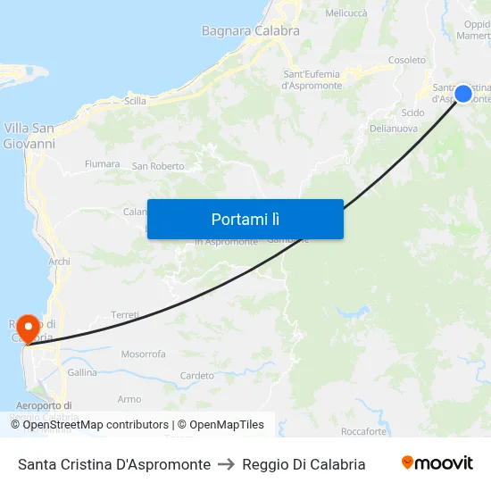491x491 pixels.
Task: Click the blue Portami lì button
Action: click(245, 219)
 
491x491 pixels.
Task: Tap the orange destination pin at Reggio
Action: click(28, 328)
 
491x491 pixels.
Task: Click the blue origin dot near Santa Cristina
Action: click(462, 94)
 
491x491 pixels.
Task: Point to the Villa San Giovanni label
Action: click(29, 136)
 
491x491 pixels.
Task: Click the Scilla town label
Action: click(136, 101)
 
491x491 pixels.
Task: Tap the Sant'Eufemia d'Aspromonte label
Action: click(312, 79)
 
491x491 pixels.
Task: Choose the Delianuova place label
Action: click(395, 129)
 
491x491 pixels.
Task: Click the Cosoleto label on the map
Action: click(406, 60)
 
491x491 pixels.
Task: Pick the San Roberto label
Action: click(158, 166)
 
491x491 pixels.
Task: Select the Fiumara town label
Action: click(102, 164)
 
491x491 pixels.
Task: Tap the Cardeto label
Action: click(197, 376)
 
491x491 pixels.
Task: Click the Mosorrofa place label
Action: click(143, 354)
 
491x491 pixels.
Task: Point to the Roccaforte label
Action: click(363, 432)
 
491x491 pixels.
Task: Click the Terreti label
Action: click(124, 315)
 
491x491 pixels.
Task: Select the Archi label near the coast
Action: click(60, 262)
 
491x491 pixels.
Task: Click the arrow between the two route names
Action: click(227, 464)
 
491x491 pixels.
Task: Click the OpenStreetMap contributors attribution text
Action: click(96, 425)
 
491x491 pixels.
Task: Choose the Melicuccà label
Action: click(346, 13)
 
